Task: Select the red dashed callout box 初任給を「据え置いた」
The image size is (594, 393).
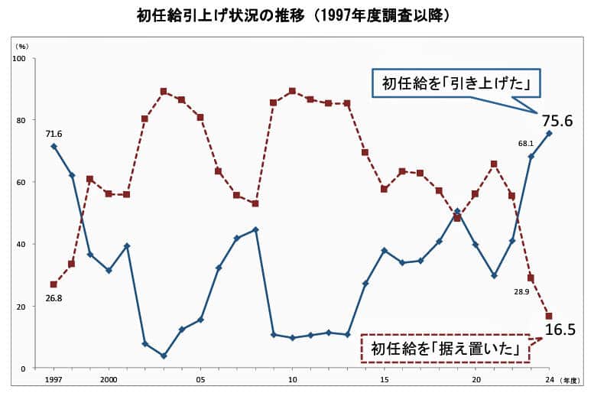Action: point(446,349)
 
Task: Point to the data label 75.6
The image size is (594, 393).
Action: point(557,120)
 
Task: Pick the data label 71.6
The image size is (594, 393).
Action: point(53,134)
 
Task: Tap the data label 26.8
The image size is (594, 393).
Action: point(53,298)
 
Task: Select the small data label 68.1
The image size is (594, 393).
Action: point(525,143)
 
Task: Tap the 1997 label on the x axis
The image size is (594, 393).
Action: point(54,379)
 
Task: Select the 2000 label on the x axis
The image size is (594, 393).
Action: point(109,379)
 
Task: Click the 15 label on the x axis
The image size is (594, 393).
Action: point(384,379)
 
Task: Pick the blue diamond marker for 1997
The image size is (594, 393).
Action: point(54,146)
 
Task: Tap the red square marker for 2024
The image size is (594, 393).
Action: point(549,316)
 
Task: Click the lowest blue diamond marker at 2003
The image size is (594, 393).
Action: point(164,356)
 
